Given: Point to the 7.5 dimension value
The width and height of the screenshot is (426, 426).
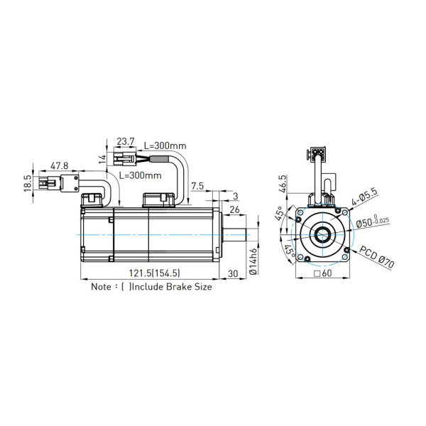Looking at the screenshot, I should pos(197,186).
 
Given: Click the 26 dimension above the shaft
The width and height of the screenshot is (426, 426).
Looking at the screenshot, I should pos(235,209).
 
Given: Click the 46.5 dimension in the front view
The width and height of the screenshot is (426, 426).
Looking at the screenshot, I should pos(283,184).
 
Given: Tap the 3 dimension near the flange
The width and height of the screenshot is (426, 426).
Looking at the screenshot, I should pos(235,195).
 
